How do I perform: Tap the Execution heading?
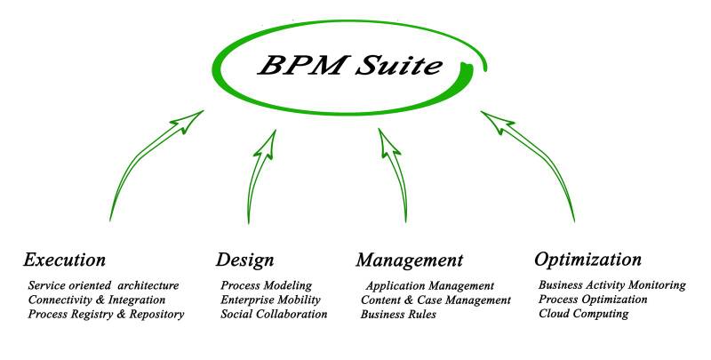click(x=65, y=260)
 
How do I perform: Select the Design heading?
click(x=244, y=260)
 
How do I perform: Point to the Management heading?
click(x=410, y=260)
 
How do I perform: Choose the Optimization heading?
click(x=587, y=260)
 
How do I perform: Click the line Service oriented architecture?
click(x=104, y=285)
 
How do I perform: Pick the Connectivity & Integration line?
click(x=97, y=300)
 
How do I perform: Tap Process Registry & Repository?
click(x=107, y=314)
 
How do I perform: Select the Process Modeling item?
click(x=267, y=285)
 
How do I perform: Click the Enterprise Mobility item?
click(x=270, y=300)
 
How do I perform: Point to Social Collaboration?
click(x=274, y=314)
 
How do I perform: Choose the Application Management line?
click(x=429, y=286)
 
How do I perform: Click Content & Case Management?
click(x=435, y=300)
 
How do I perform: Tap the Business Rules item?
click(x=398, y=315)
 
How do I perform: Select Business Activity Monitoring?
click(x=612, y=285)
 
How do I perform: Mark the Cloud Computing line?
click(x=584, y=314)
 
